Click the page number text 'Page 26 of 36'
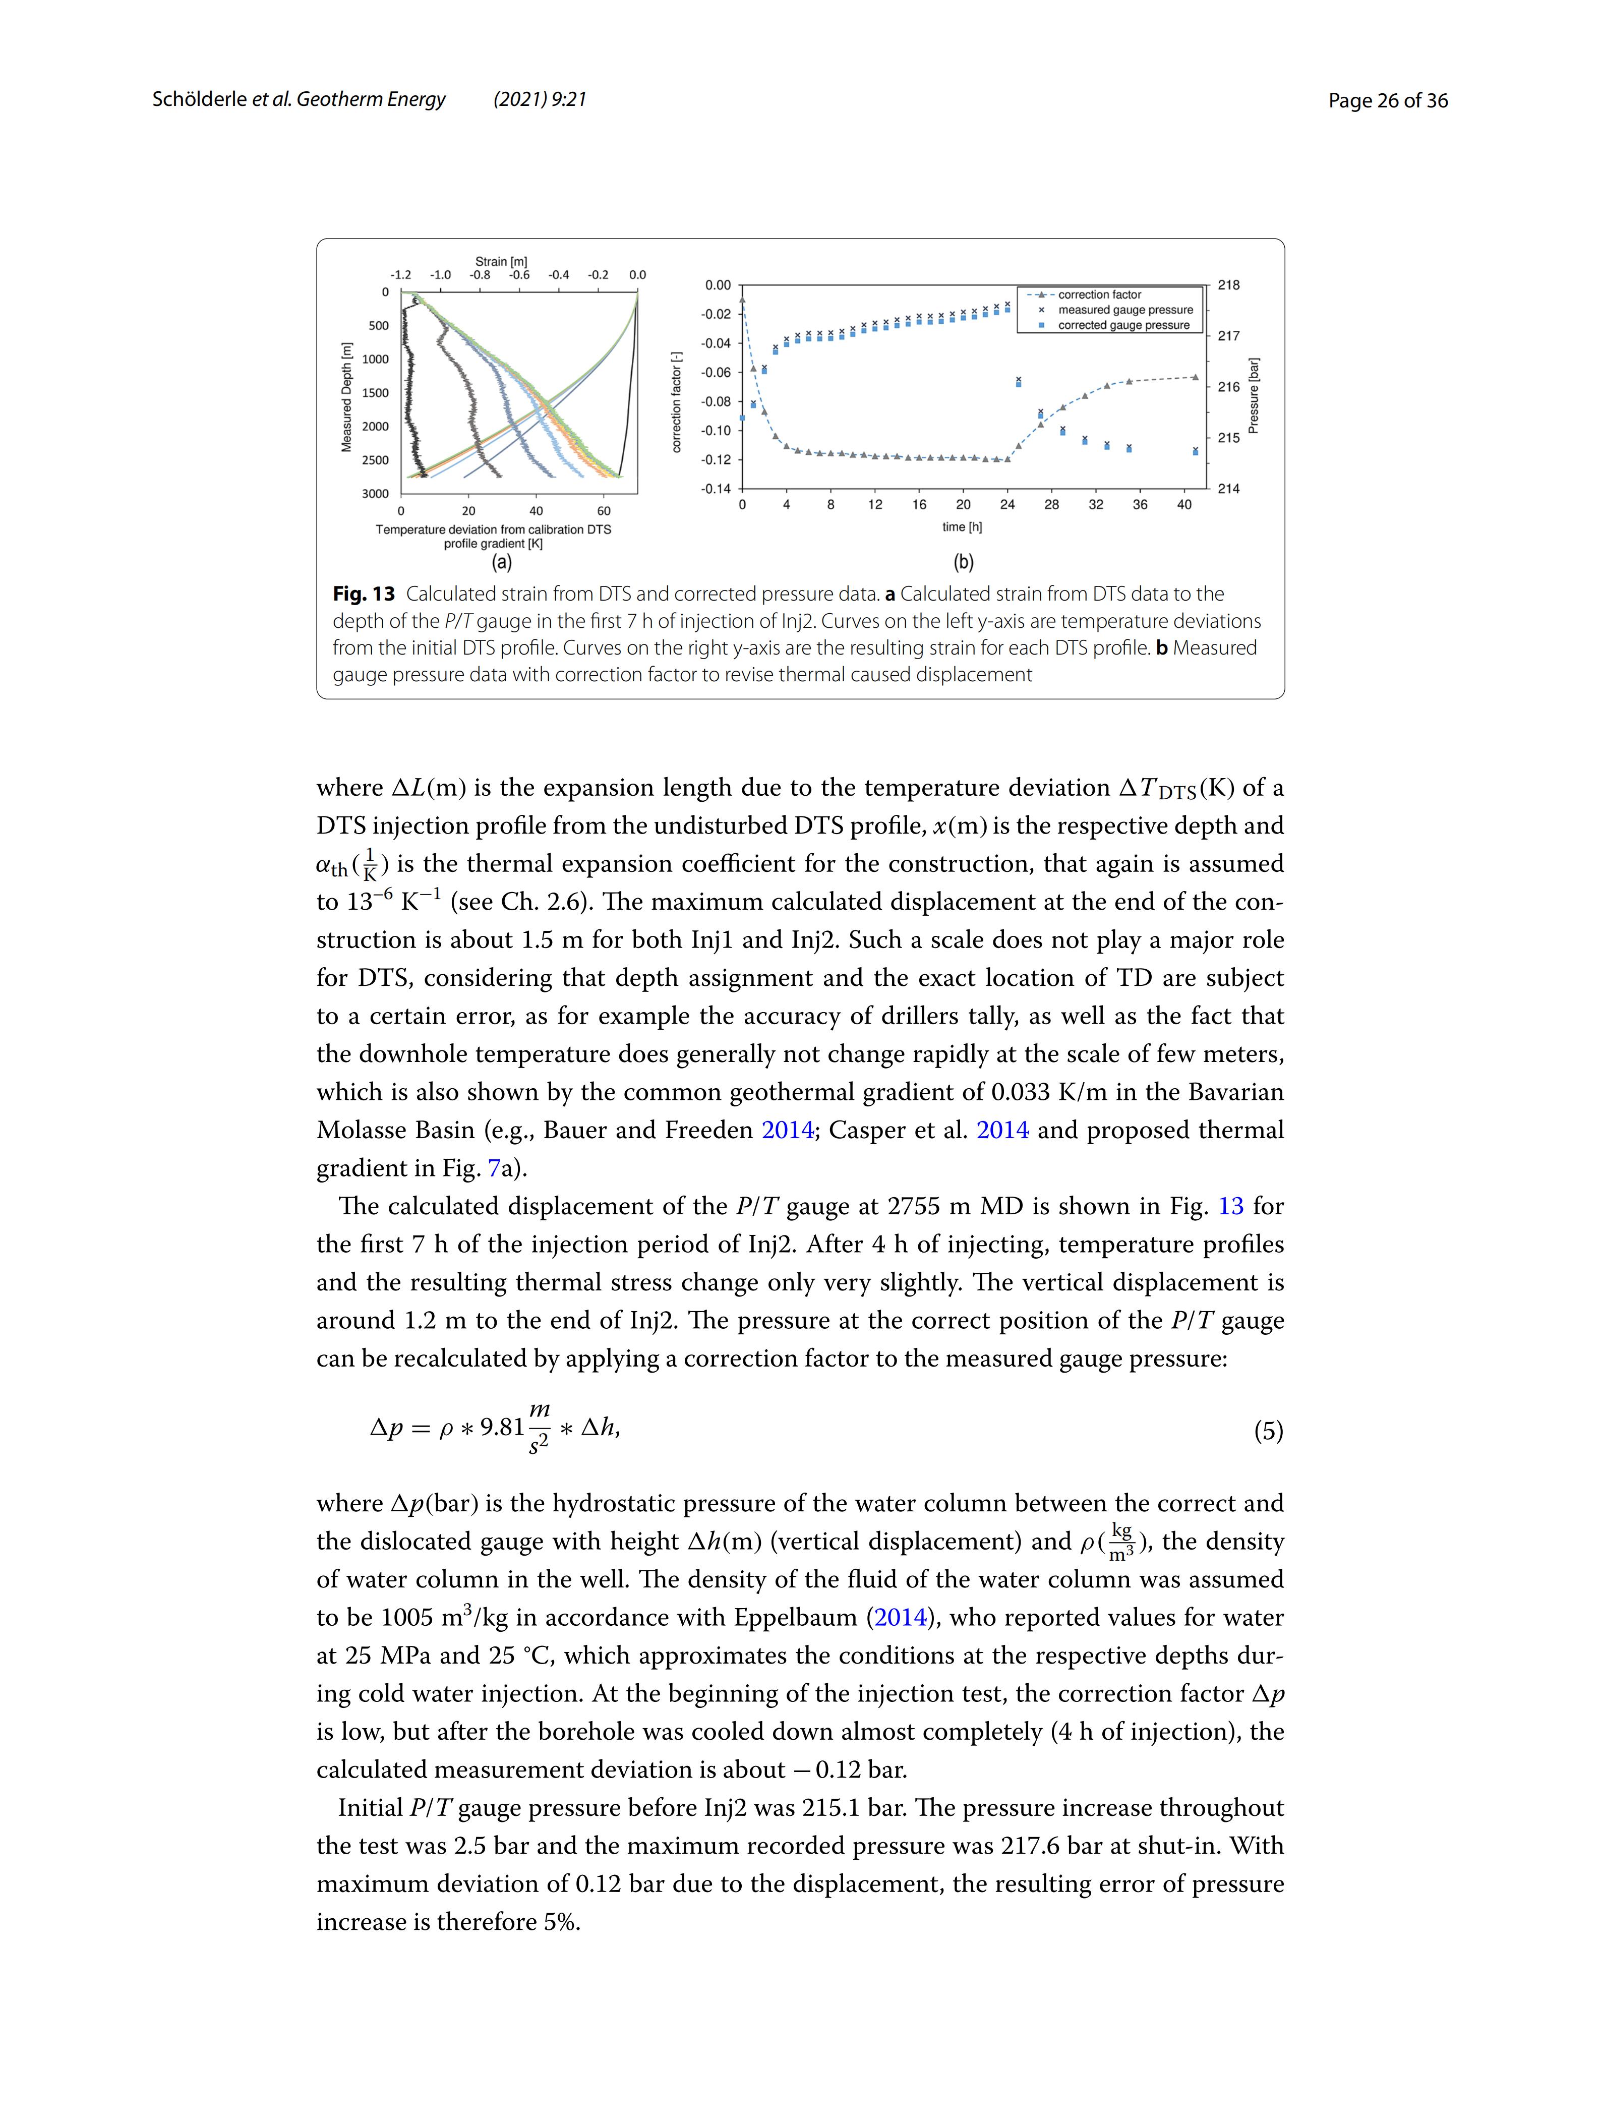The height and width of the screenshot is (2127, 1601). coord(1388,101)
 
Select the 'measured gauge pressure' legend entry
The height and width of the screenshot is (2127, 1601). coord(1125,310)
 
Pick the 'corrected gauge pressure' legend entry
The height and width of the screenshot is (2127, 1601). coord(1123,325)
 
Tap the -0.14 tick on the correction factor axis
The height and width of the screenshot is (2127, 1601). coord(717,489)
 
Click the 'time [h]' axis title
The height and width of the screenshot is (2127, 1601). coord(962,527)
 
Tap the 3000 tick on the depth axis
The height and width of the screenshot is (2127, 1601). coord(375,493)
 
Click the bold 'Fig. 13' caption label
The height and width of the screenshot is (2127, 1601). coord(364,594)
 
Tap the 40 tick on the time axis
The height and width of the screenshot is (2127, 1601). coord(1183,505)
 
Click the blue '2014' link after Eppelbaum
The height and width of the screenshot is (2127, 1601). coord(900,1618)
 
